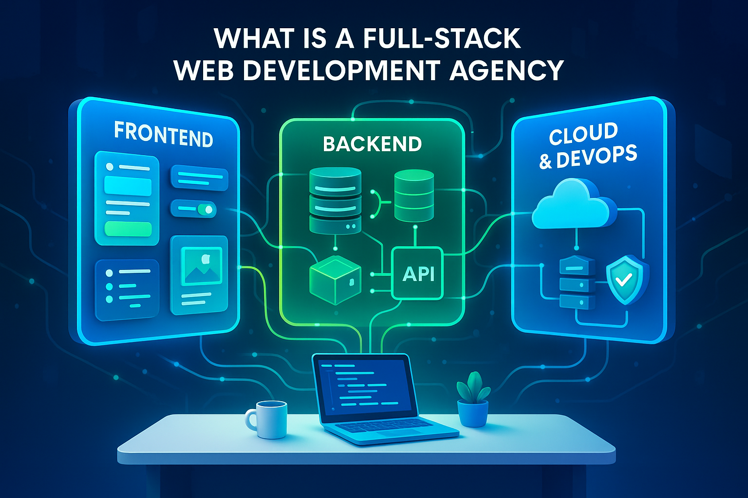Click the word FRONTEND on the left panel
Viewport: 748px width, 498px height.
tap(164, 135)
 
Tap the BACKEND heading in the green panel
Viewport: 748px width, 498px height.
tap(372, 144)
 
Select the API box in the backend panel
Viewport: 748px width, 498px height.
tap(418, 273)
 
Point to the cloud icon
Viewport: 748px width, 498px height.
tap(574, 204)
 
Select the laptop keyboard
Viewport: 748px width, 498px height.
tap(384, 428)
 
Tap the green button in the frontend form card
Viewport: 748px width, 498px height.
tap(128, 228)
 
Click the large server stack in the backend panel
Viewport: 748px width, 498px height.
tap(335, 199)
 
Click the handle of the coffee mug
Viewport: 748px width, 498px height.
tap(251, 419)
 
